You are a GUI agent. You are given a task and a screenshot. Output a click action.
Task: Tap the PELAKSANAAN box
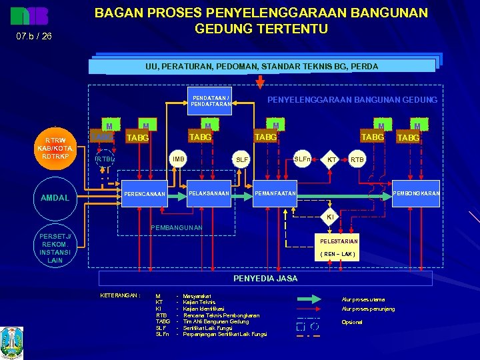(209, 193)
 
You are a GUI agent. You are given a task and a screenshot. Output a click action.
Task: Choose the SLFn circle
(302, 159)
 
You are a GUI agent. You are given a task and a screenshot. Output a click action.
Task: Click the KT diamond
(331, 160)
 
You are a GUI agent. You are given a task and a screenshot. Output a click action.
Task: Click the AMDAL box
(55, 198)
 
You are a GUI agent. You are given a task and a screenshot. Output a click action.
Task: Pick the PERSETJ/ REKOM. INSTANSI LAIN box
(55, 247)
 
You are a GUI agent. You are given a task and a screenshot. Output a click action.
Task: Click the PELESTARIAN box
(339, 247)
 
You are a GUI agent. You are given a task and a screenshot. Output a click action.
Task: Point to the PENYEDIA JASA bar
(265, 278)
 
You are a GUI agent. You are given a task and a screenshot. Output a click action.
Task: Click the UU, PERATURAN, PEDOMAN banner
(262, 67)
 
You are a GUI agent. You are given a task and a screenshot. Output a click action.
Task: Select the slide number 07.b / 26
(33, 36)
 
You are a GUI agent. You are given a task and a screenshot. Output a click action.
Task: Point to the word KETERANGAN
(119, 295)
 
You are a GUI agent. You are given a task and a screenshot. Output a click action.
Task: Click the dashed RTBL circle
(105, 159)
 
